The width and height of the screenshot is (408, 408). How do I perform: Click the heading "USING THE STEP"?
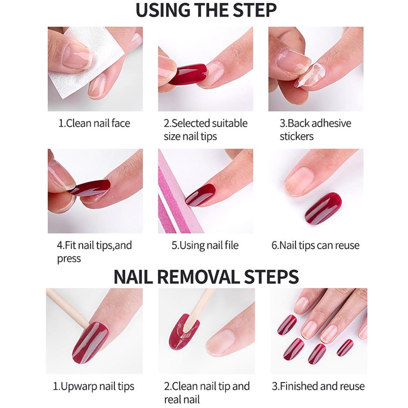(x=206, y=10)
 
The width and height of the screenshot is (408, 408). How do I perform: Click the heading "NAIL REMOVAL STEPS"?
(x=206, y=277)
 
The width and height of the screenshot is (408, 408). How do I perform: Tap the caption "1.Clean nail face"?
(x=94, y=123)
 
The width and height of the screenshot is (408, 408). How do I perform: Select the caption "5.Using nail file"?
(x=205, y=245)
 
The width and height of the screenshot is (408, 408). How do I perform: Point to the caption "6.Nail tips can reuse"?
(x=315, y=245)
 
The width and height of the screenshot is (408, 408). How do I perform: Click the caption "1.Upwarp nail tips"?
(x=93, y=386)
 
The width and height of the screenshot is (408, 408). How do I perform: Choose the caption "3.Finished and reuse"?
(x=318, y=386)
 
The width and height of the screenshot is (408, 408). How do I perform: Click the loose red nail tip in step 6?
(x=323, y=208)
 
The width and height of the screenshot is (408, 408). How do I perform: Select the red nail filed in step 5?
(x=201, y=195)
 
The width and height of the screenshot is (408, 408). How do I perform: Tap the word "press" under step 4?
(x=69, y=259)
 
